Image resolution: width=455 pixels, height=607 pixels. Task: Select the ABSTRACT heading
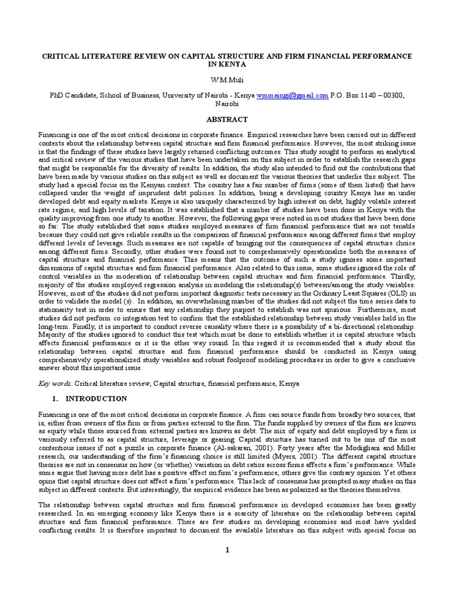[227, 119]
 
